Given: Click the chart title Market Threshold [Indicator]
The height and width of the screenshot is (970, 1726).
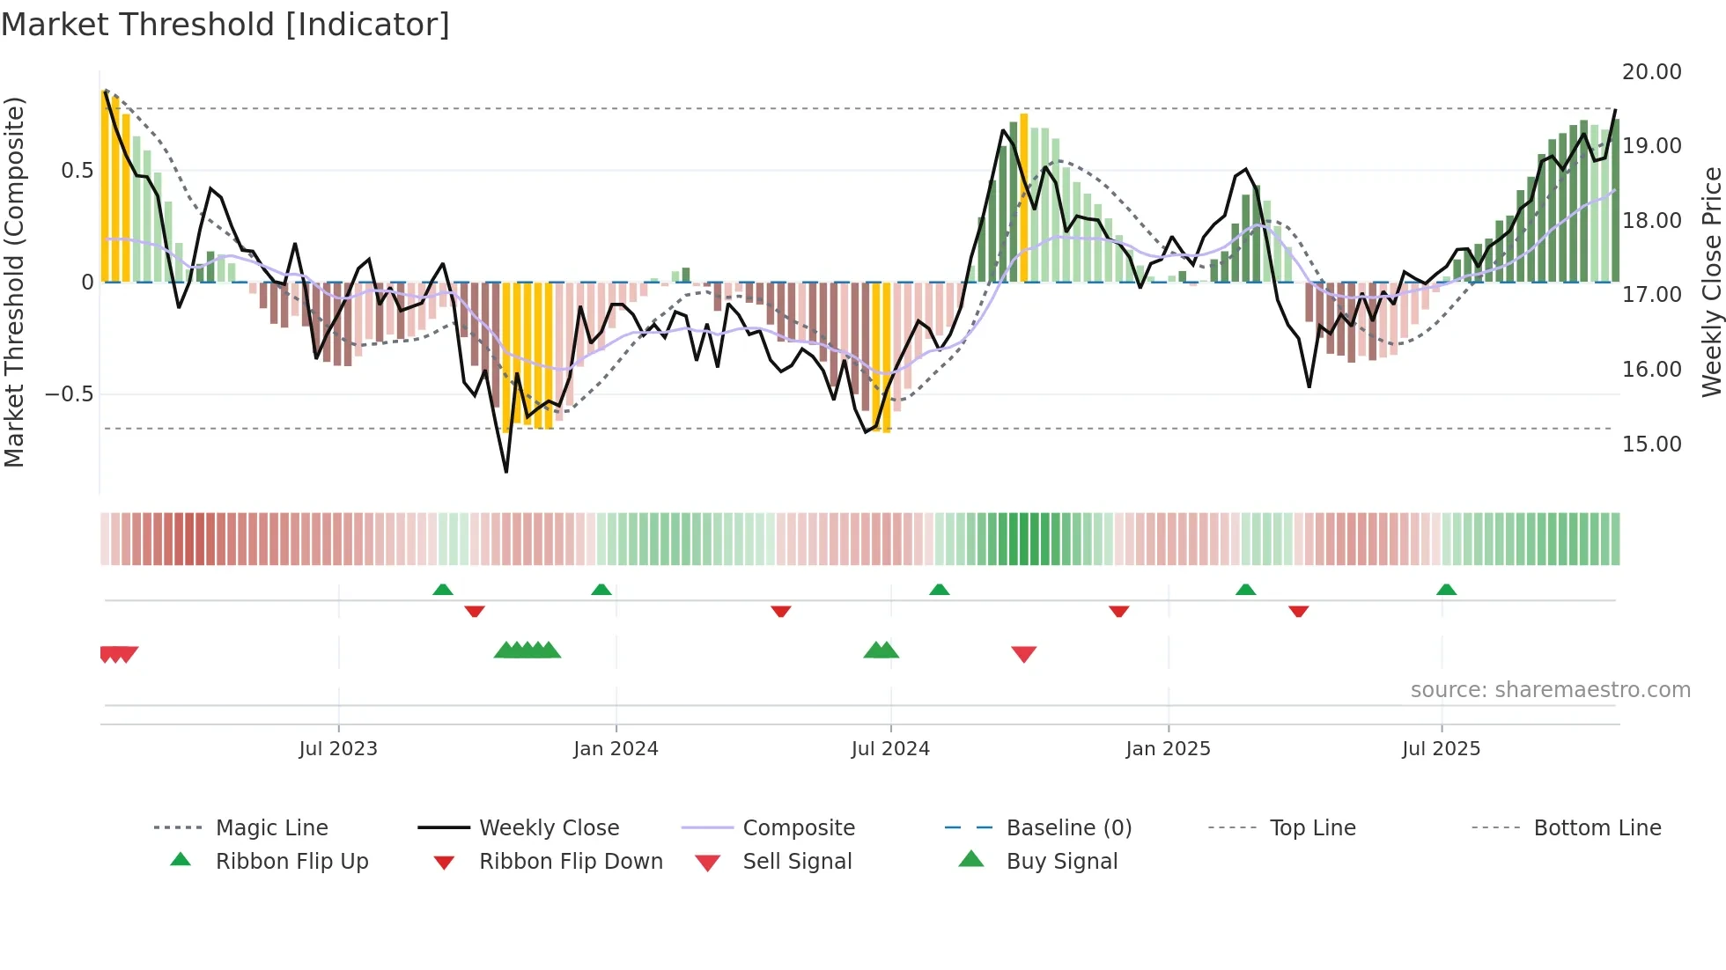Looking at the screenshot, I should pyautogui.click(x=225, y=25).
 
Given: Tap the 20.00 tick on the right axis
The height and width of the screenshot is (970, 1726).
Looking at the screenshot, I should pyautogui.click(x=1651, y=72).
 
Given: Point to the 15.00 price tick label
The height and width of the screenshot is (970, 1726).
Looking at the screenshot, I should pyautogui.click(x=1651, y=445).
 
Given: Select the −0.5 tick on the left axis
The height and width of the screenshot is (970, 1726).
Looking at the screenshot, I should pyautogui.click(x=69, y=394).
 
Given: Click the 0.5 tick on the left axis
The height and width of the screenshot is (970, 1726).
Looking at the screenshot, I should pyautogui.click(x=77, y=171).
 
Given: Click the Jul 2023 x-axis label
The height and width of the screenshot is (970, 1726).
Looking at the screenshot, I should pyautogui.click(x=338, y=749).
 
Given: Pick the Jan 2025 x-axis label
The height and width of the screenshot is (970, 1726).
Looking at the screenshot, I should pyautogui.click(x=1168, y=749).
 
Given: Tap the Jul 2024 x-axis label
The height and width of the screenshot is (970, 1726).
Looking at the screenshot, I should pyautogui.click(x=890, y=749).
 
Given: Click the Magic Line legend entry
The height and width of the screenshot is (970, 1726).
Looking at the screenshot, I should pyautogui.click(x=271, y=828).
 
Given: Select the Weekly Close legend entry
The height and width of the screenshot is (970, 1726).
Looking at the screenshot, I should pyautogui.click(x=549, y=828).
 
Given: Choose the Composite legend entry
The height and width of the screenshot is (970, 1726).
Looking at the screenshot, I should pyautogui.click(x=799, y=828).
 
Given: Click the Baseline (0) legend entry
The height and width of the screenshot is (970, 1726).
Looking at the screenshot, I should pyautogui.click(x=1068, y=828).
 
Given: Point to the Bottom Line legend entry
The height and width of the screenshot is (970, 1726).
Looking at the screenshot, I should pyautogui.click(x=1597, y=828).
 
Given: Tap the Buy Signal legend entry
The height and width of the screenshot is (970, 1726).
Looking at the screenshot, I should pyautogui.click(x=1061, y=862).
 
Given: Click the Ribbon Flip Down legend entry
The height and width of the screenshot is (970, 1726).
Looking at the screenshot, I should pyautogui.click(x=570, y=862).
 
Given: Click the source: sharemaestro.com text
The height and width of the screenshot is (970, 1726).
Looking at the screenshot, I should pyautogui.click(x=1550, y=690).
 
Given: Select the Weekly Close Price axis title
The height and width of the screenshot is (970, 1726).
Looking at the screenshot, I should pyautogui.click(x=1711, y=282).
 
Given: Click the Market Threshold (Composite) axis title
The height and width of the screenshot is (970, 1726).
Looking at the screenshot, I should pyautogui.click(x=14, y=282).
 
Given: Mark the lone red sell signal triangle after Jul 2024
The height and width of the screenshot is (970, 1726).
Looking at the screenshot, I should pyautogui.click(x=1023, y=654).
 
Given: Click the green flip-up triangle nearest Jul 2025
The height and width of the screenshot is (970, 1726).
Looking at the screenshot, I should pyautogui.click(x=1446, y=590).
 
